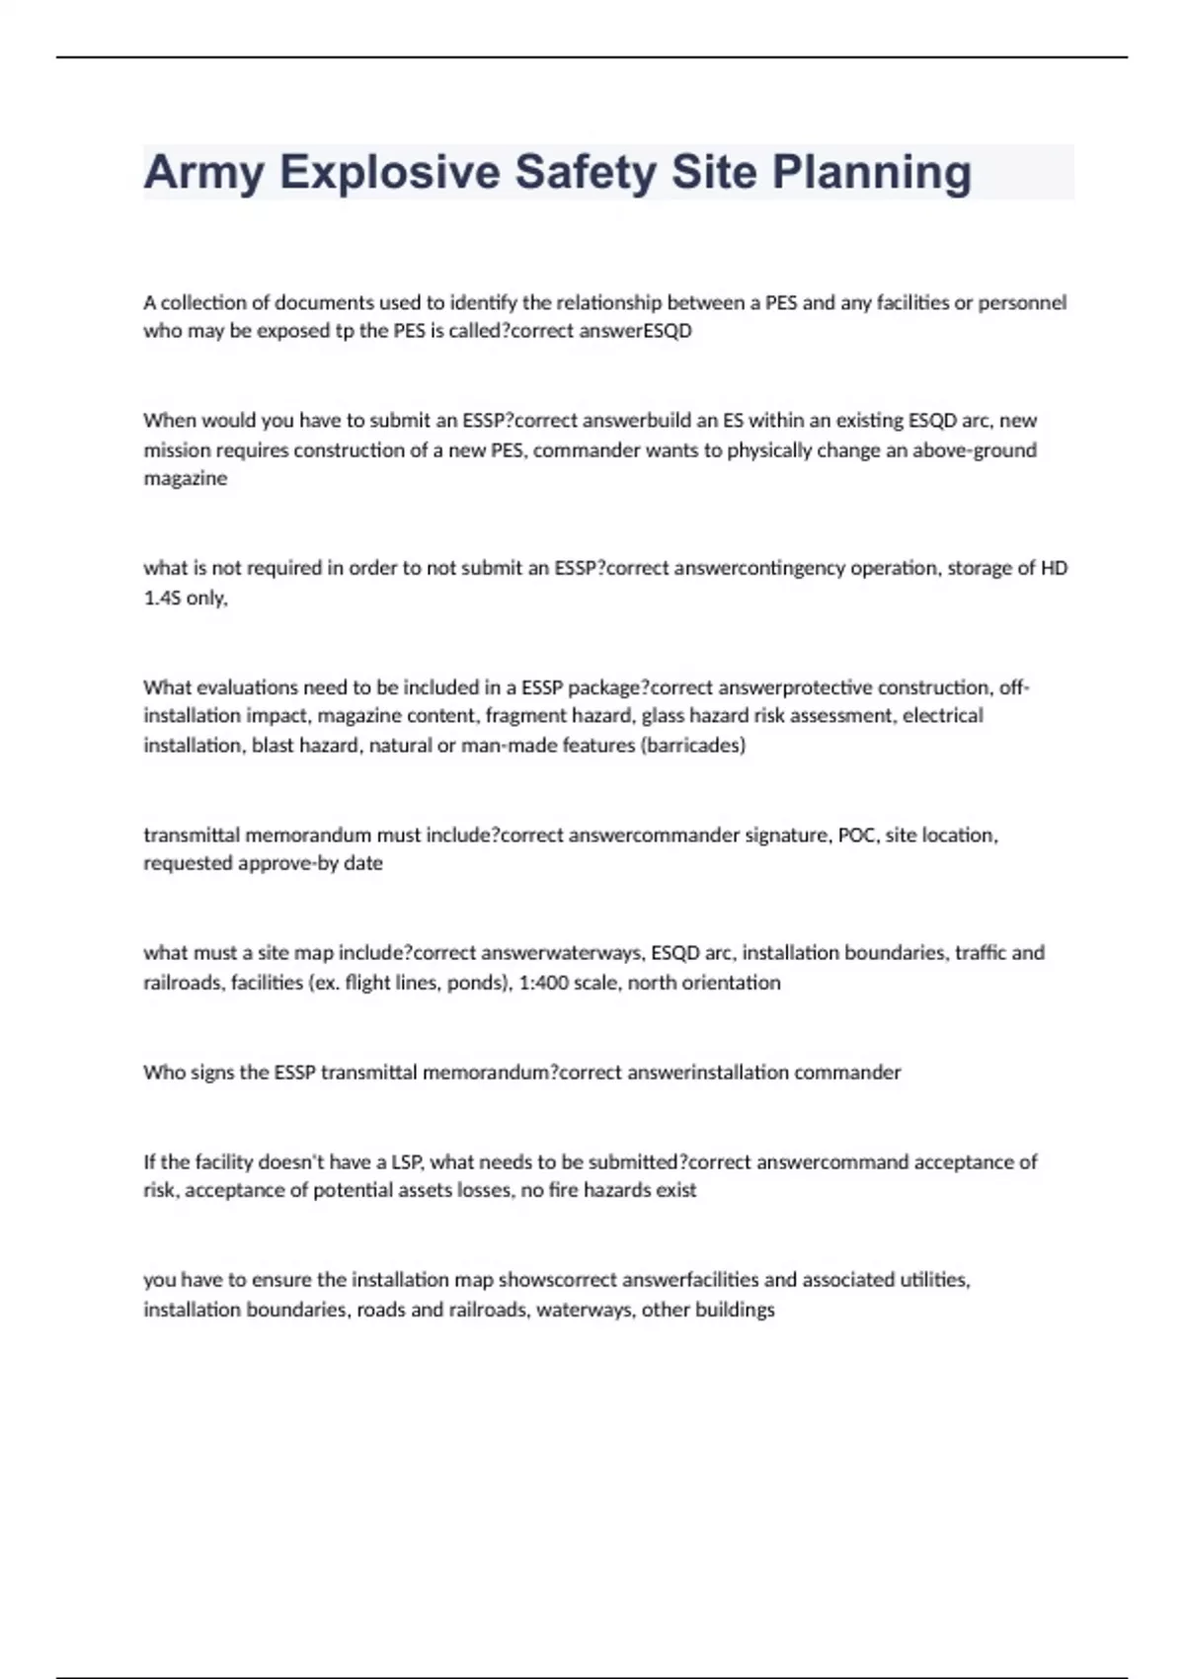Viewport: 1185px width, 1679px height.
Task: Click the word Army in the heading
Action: [204, 173]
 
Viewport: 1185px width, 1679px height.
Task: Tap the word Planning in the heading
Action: [872, 173]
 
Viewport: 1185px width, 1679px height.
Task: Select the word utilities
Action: [933, 1280]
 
